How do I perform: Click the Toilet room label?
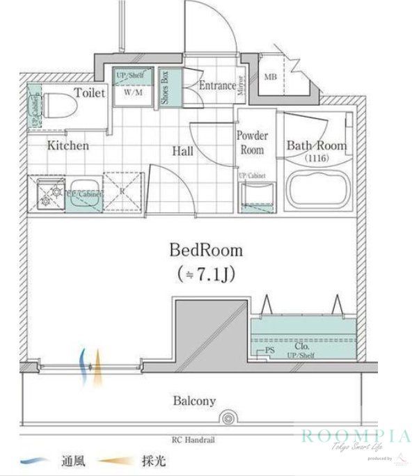point(90,92)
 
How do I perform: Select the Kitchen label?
point(68,145)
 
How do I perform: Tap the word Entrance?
point(217,86)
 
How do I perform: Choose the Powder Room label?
point(252,143)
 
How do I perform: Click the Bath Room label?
point(316,145)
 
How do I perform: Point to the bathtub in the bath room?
point(317,189)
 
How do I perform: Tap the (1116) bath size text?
point(316,159)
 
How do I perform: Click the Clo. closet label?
point(301,345)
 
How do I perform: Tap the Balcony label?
point(194,401)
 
